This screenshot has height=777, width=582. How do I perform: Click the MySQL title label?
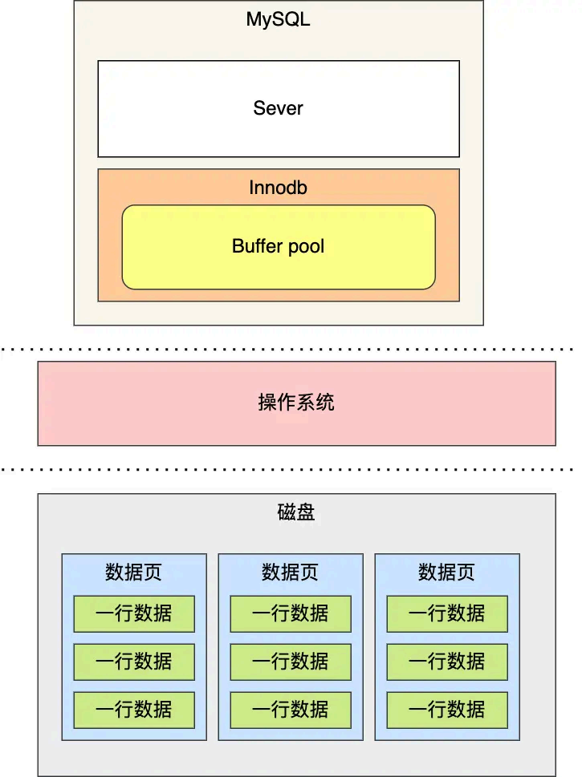coord(278,20)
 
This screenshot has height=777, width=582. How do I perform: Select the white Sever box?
coord(278,108)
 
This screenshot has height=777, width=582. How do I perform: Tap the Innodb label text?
coord(278,188)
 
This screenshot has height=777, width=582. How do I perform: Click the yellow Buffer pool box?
coord(278,247)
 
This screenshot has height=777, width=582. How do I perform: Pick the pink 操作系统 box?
coord(296,403)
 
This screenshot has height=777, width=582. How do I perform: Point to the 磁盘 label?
coord(296,512)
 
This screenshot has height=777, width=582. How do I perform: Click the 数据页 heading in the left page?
coord(133,573)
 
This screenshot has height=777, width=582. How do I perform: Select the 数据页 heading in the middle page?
coord(290,573)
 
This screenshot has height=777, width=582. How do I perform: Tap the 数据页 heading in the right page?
coord(446,573)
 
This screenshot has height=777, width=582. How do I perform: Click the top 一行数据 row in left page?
coord(133,613)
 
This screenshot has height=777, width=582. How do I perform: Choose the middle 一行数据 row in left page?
coord(133,662)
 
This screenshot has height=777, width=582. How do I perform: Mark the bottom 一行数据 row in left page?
coord(133,710)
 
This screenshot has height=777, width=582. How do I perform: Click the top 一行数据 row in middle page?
coord(290,613)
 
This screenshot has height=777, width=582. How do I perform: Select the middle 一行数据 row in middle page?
coord(290,662)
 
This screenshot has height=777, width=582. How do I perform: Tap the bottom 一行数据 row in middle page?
coord(290,710)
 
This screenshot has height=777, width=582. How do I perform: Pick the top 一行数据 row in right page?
coord(446,613)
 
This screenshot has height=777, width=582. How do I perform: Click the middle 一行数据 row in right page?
coord(446,662)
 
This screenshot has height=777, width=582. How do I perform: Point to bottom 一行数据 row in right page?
coord(446,710)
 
